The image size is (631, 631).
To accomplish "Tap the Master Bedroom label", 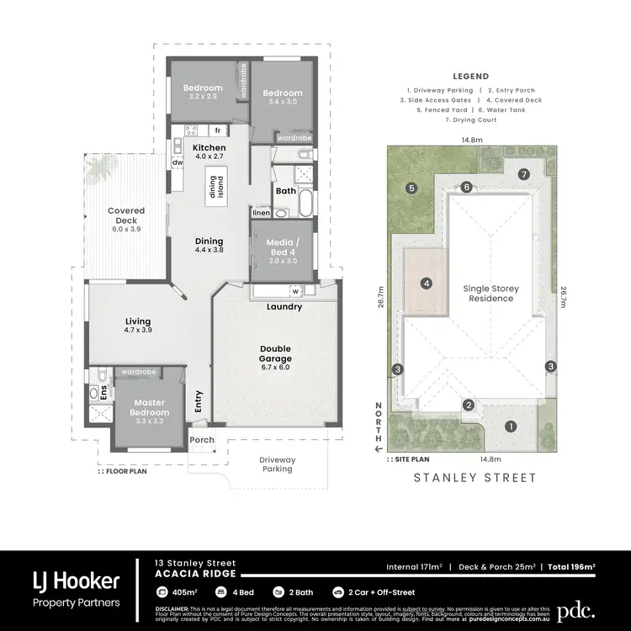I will tap(149, 407).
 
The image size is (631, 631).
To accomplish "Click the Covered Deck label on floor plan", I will tap(126, 216).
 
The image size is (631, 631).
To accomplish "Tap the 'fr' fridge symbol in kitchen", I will tap(217, 130).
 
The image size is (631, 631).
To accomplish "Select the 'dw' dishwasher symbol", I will tap(178, 163).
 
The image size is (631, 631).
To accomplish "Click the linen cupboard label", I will tap(262, 214).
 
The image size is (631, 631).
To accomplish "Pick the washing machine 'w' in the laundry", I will tap(295, 292).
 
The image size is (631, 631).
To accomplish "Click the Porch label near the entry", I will tap(201, 440).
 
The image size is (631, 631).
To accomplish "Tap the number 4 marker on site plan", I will tap(427, 284).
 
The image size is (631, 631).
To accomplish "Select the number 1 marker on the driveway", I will tap(509, 427).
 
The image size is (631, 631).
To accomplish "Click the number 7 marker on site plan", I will tap(523, 174).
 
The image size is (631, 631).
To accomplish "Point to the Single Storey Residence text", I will tap(491, 294).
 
